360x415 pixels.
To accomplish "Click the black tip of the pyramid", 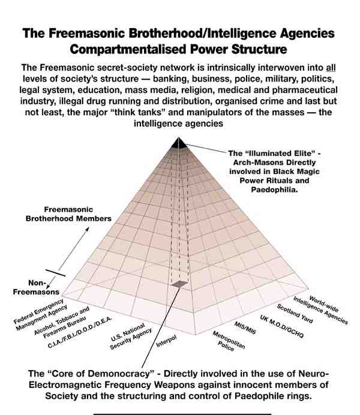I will [x=178, y=143].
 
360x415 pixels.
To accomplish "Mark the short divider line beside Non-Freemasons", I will [x=55, y=273].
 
